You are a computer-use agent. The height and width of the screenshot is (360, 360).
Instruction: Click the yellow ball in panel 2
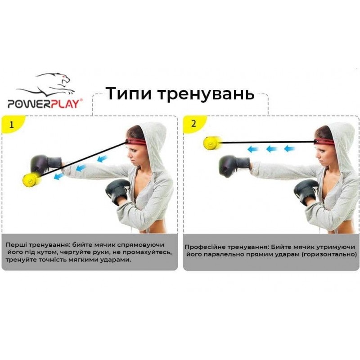coord(213,143)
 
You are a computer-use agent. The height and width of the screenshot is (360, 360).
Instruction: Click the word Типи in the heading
coord(129,94)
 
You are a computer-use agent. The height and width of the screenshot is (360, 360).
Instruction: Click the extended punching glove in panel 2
coord(234,166)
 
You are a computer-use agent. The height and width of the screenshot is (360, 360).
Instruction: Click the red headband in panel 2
coord(324,141)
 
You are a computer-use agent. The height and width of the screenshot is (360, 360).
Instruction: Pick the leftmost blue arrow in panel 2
coord(253,149)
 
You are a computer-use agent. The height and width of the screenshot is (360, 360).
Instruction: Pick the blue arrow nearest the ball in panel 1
coord(58,176)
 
